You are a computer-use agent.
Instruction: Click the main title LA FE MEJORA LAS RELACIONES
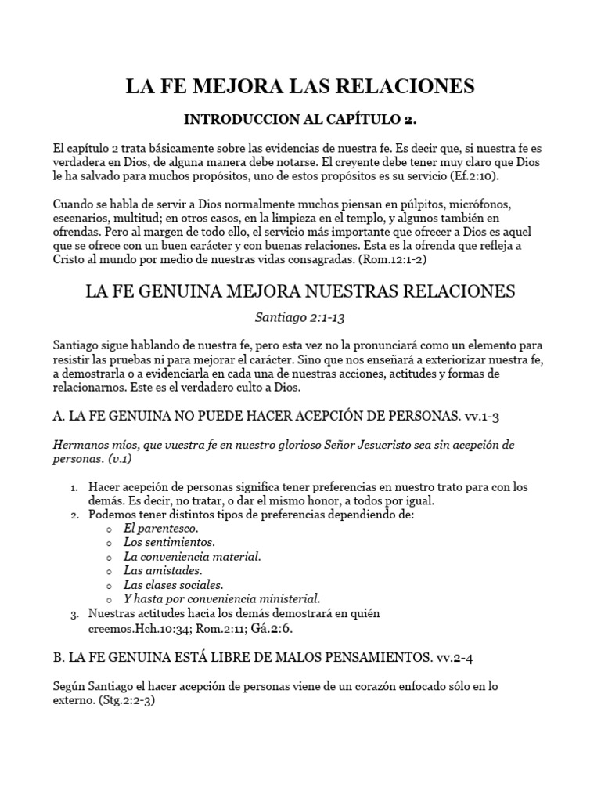[x=300, y=85]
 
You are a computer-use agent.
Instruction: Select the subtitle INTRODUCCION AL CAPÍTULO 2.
[x=300, y=120]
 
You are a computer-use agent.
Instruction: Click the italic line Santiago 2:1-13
[x=300, y=318]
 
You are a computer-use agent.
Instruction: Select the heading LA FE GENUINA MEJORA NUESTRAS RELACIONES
[x=300, y=291]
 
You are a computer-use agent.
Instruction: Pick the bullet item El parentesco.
[x=161, y=528]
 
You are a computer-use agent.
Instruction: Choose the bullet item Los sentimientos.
[x=169, y=542]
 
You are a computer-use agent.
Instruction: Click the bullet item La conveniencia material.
[x=193, y=556]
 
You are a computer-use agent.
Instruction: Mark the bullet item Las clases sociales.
[x=174, y=584]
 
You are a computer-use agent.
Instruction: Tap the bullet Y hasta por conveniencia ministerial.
[x=222, y=598]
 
